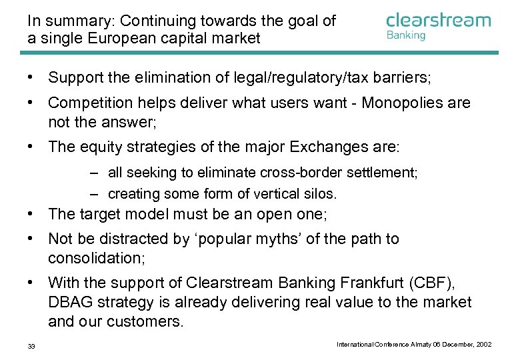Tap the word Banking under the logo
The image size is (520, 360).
pos(405,35)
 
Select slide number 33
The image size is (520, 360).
pos(31,345)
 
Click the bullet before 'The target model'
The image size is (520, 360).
pos(31,214)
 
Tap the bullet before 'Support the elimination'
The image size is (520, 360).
pos(31,78)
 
